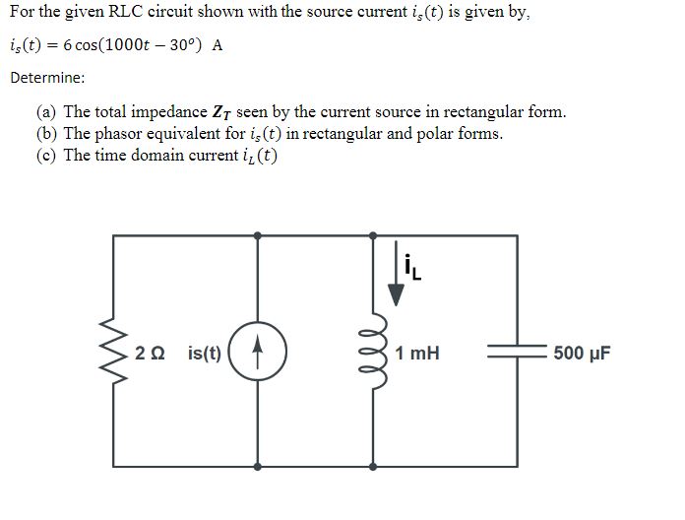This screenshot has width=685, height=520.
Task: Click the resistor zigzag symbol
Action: [118, 352]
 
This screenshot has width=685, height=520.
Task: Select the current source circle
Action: [258, 352]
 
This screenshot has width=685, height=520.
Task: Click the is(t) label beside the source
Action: [204, 353]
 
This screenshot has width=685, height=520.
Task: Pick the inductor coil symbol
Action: [373, 352]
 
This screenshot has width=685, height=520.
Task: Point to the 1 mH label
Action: [417, 353]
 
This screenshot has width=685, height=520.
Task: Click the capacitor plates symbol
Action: [518, 352]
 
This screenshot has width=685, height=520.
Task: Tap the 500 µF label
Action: [582, 353]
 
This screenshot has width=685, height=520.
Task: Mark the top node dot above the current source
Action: [258, 235]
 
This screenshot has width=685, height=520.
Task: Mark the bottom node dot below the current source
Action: [258, 465]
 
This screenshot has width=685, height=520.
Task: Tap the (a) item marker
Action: [46, 111]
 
